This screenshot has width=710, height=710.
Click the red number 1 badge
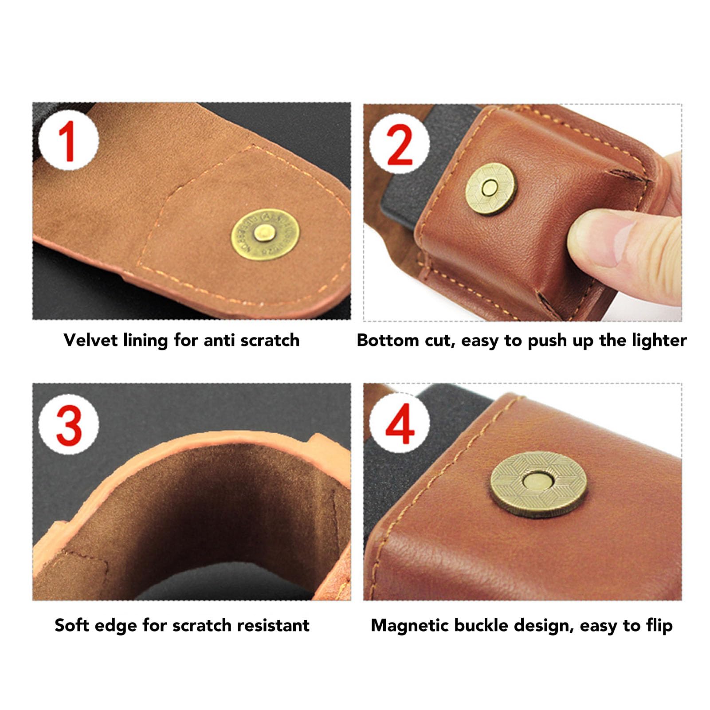[68, 141]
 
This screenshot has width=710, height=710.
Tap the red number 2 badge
[399, 143]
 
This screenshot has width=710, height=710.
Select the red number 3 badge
[68, 424]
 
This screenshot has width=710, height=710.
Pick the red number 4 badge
[399, 423]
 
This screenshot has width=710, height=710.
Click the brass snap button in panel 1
[265, 234]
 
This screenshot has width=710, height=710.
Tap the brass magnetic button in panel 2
[491, 188]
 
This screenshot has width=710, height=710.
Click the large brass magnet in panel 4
[538, 484]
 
